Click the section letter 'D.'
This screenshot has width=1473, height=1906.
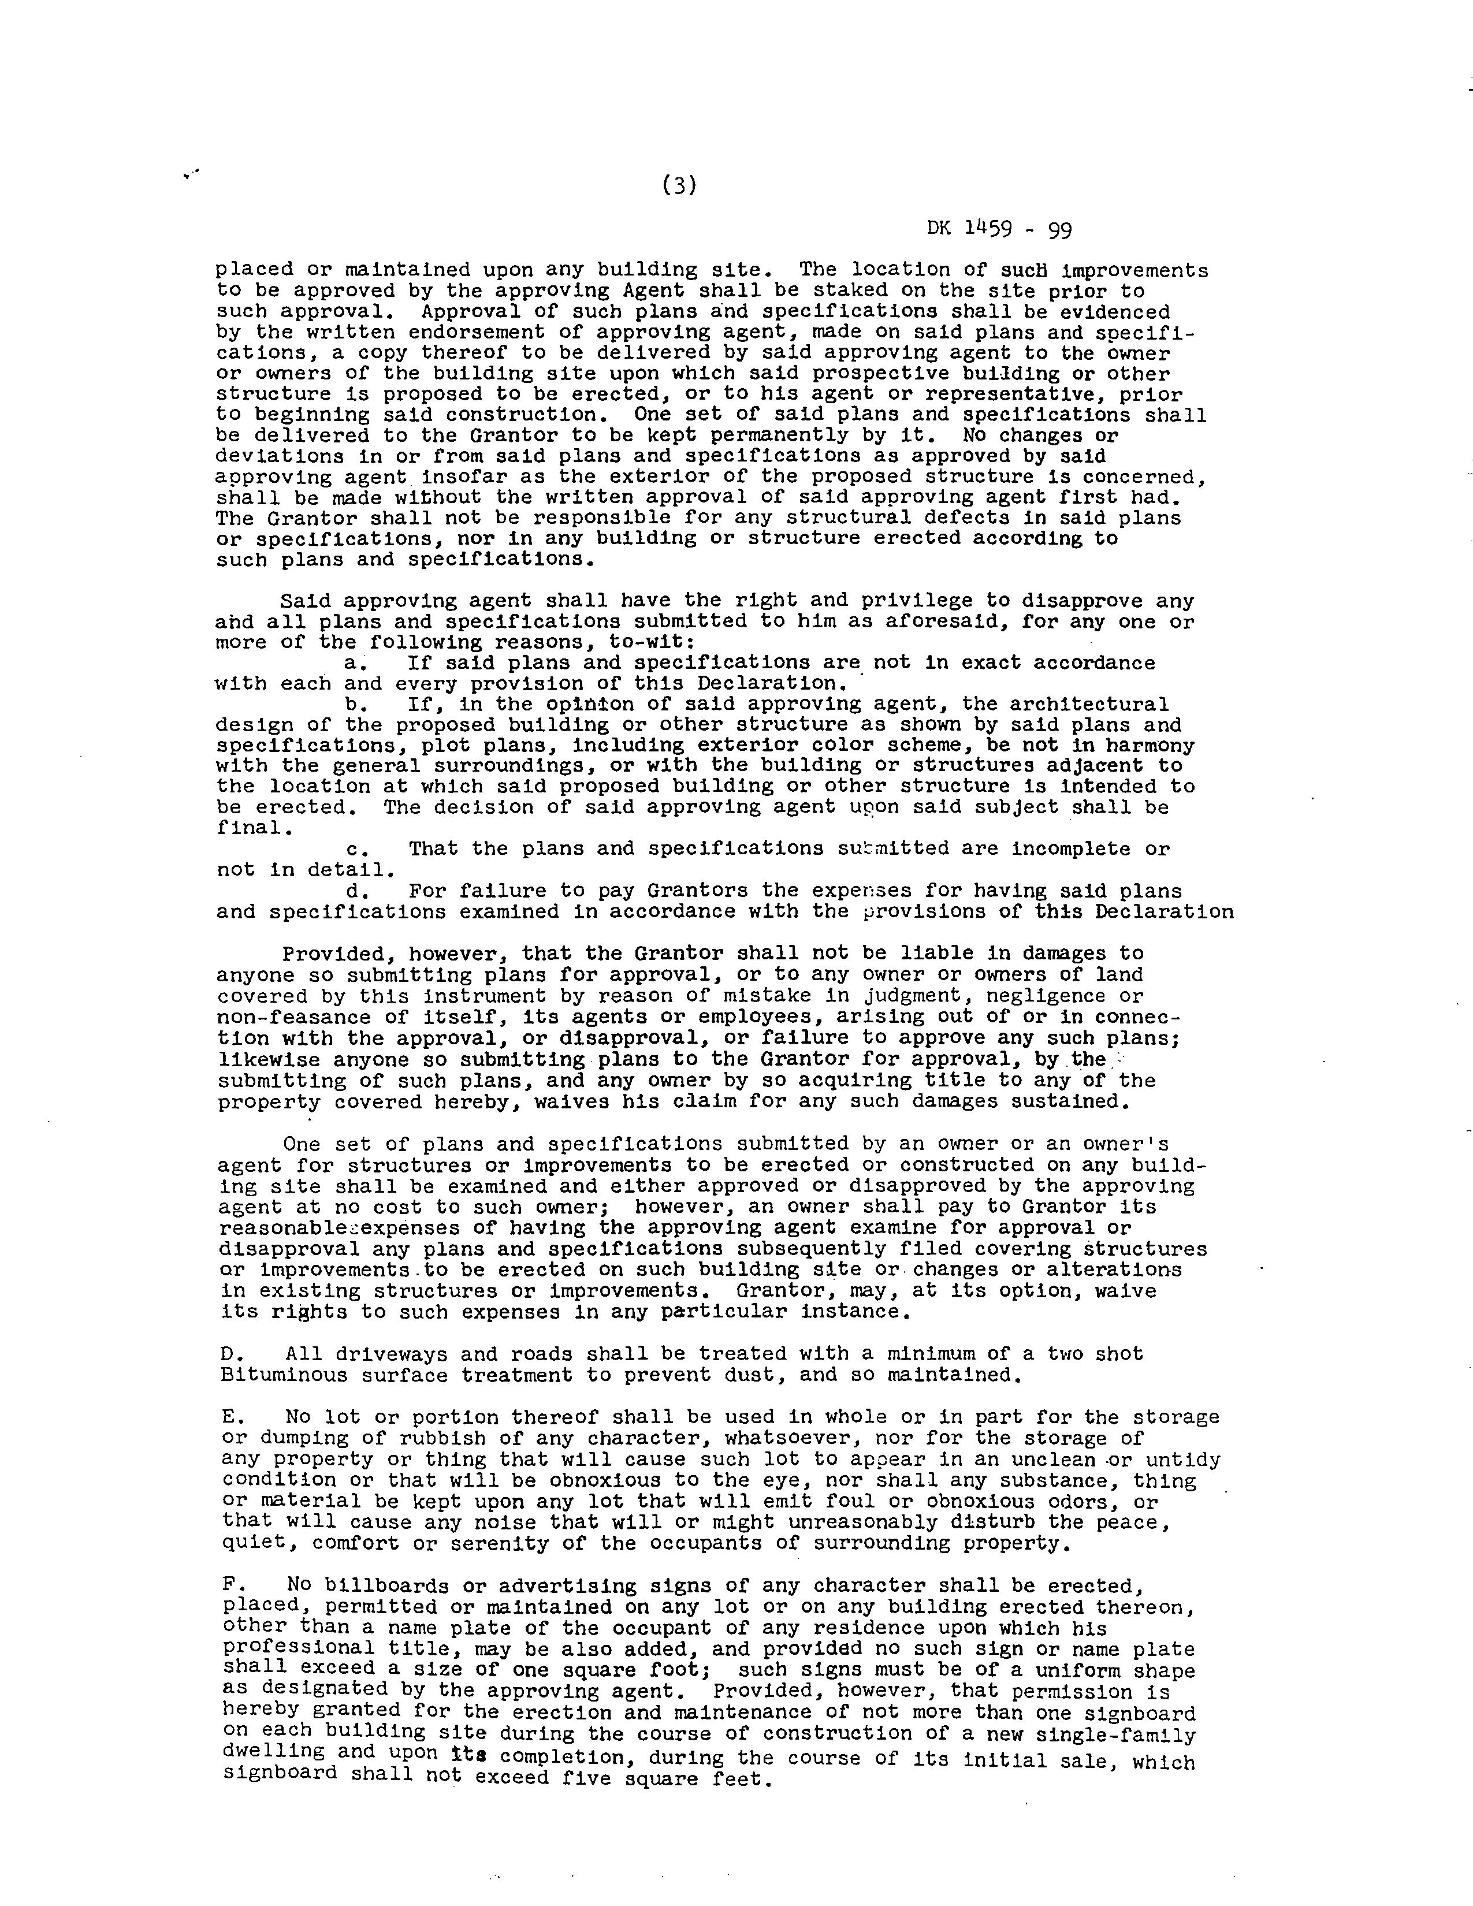pyautogui.click(x=231, y=1354)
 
